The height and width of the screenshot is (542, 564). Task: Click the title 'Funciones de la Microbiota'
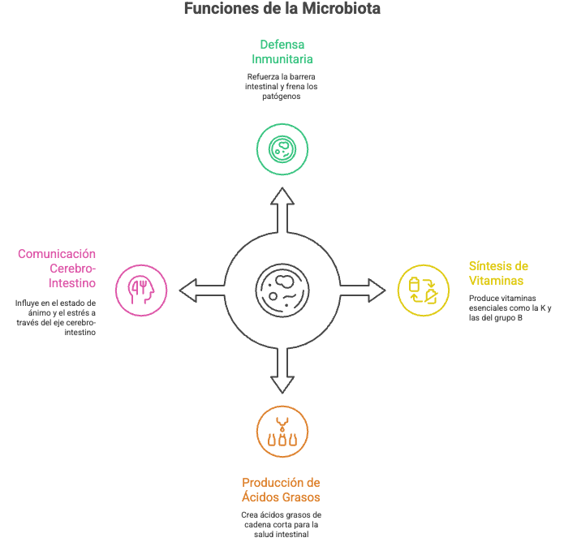(x=282, y=9)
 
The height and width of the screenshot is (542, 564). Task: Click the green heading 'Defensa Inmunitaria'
(x=282, y=51)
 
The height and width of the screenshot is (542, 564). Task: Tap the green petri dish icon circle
(x=282, y=148)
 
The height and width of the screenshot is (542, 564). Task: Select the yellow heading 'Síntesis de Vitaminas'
(x=498, y=273)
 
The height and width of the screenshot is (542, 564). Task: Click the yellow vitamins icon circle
(x=423, y=290)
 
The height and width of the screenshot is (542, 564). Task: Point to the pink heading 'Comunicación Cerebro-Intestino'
(x=57, y=269)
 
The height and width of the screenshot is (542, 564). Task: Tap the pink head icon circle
(x=141, y=290)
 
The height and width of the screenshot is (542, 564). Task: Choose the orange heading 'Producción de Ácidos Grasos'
(x=282, y=489)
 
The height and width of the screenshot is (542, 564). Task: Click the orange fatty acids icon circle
(x=282, y=431)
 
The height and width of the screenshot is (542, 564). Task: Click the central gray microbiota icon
(x=282, y=290)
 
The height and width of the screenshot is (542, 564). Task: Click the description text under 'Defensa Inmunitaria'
(x=282, y=86)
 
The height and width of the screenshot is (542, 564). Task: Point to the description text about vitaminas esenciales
(x=510, y=307)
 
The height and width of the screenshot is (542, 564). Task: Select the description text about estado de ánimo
(x=55, y=317)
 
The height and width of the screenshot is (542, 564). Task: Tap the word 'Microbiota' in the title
(x=334, y=9)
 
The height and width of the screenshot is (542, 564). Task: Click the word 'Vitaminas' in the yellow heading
(x=496, y=281)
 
